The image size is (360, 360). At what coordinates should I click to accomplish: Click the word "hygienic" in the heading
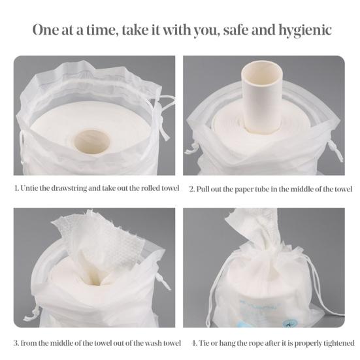pos(305,30)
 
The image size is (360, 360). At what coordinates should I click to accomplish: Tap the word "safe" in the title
pos(236,30)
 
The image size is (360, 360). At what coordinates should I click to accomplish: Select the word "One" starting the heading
pos(46,30)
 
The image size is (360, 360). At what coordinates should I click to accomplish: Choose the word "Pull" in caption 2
pos(203,189)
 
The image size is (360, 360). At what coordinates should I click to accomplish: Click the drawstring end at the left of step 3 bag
pos(31,316)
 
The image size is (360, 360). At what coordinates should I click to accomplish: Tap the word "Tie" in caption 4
pos(204,343)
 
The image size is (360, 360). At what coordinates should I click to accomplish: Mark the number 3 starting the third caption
pos(16,343)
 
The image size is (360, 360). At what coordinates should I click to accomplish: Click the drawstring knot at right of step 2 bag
pos(332,145)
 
